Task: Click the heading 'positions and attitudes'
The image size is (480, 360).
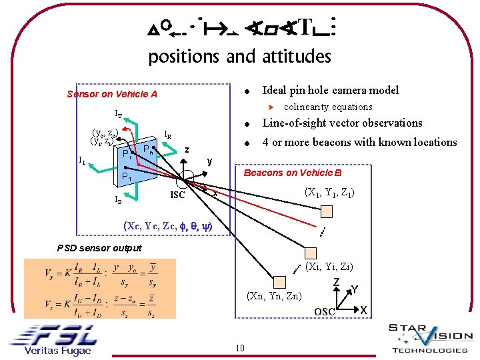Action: [239, 57]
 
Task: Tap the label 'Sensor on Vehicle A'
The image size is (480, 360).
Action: [112, 94]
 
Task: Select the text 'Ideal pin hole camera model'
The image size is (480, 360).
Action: [331, 90]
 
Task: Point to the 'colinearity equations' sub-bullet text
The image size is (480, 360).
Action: [328, 107]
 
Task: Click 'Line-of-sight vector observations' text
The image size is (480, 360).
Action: [342, 123]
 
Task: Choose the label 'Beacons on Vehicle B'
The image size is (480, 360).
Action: [293, 173]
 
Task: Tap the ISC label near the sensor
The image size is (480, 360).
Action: [177, 195]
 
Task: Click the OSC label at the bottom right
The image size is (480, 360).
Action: [325, 312]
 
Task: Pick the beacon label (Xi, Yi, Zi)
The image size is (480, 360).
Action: [329, 267]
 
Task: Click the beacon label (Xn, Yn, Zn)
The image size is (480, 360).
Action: [274, 295]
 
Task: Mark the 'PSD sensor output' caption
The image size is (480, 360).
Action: [99, 248]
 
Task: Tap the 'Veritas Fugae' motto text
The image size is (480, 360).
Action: [57, 351]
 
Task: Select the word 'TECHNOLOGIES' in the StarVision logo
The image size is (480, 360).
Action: [430, 350]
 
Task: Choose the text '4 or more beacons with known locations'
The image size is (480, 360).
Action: [359, 142]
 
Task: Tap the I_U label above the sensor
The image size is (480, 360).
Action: [118, 113]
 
